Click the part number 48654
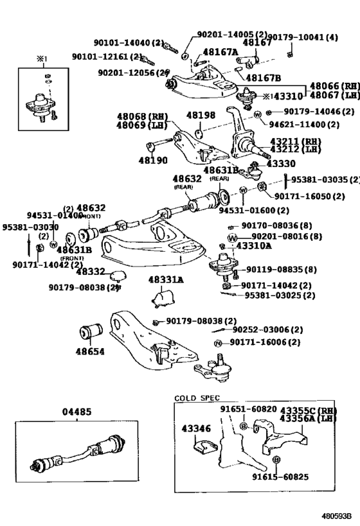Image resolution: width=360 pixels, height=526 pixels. pyautogui.click(x=91, y=352)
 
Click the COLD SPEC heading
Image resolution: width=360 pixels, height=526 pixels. pyautogui.click(x=197, y=398)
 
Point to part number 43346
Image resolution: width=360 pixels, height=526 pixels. pyautogui.click(x=196, y=427)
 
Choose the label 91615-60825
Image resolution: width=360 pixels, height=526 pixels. pyautogui.click(x=280, y=477)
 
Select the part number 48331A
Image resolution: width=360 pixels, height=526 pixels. pyautogui.click(x=166, y=279)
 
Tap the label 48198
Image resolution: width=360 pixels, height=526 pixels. pyautogui.click(x=200, y=116)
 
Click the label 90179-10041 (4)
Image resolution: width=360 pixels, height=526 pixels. pyautogui.click(x=301, y=37)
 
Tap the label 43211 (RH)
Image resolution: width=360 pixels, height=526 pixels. pyautogui.click(x=296, y=141)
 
